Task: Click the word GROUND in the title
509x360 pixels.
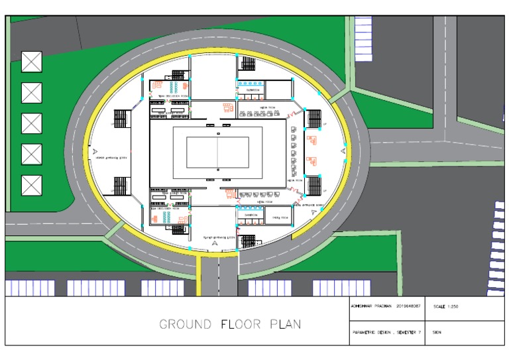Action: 185,325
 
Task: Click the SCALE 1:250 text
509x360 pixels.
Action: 445,307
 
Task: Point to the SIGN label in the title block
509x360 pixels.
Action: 437,332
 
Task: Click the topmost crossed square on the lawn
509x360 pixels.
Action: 31,62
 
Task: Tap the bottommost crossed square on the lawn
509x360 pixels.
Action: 31,185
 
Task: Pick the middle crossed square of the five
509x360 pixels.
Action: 31,123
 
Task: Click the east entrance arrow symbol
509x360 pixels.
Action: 343,152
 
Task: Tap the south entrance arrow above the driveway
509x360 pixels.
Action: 214,244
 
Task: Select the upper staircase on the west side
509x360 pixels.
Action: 121,119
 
